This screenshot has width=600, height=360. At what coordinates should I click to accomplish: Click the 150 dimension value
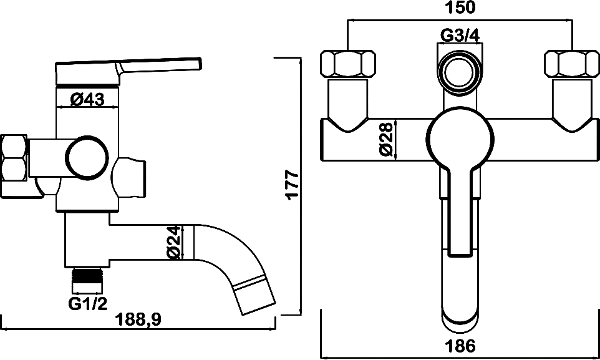[460, 7]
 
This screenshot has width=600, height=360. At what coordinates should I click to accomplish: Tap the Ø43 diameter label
[87, 100]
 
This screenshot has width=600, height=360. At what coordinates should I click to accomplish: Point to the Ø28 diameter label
[387, 139]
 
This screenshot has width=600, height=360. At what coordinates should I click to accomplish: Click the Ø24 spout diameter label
[174, 243]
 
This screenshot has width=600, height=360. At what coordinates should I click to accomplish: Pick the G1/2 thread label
[87, 304]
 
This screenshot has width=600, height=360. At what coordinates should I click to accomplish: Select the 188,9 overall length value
[139, 319]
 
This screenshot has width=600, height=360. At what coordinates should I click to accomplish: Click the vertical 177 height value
[293, 185]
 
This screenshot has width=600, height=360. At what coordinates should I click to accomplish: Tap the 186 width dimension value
[460, 346]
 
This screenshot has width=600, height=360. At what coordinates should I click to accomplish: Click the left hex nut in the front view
[347, 64]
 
